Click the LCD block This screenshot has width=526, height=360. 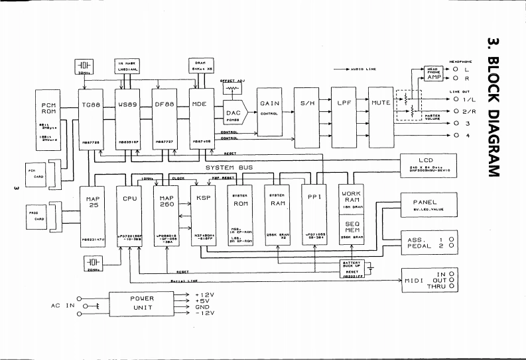425,163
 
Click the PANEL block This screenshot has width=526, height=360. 425,205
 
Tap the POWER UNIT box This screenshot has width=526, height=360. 142,303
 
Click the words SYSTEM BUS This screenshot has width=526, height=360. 229,167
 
